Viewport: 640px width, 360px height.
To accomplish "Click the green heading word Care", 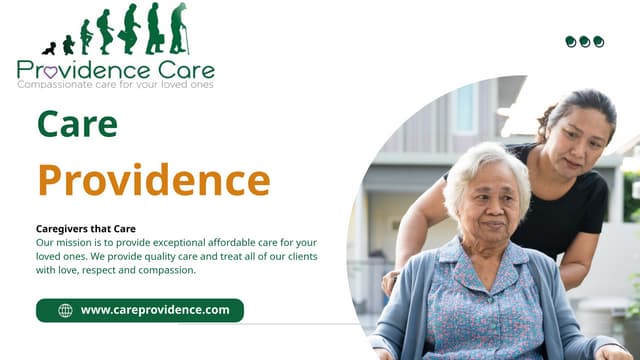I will click(x=77, y=123).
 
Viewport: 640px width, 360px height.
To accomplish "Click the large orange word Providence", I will click(x=153, y=179).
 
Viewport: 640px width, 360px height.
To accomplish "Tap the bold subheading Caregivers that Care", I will click(x=85, y=229).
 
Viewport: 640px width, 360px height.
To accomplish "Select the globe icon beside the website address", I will click(x=65, y=310).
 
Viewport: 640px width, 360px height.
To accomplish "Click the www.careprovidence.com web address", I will click(x=155, y=310).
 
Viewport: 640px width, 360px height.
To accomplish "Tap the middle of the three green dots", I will click(x=585, y=41).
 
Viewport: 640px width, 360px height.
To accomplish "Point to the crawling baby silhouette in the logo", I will click(x=49, y=47).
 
